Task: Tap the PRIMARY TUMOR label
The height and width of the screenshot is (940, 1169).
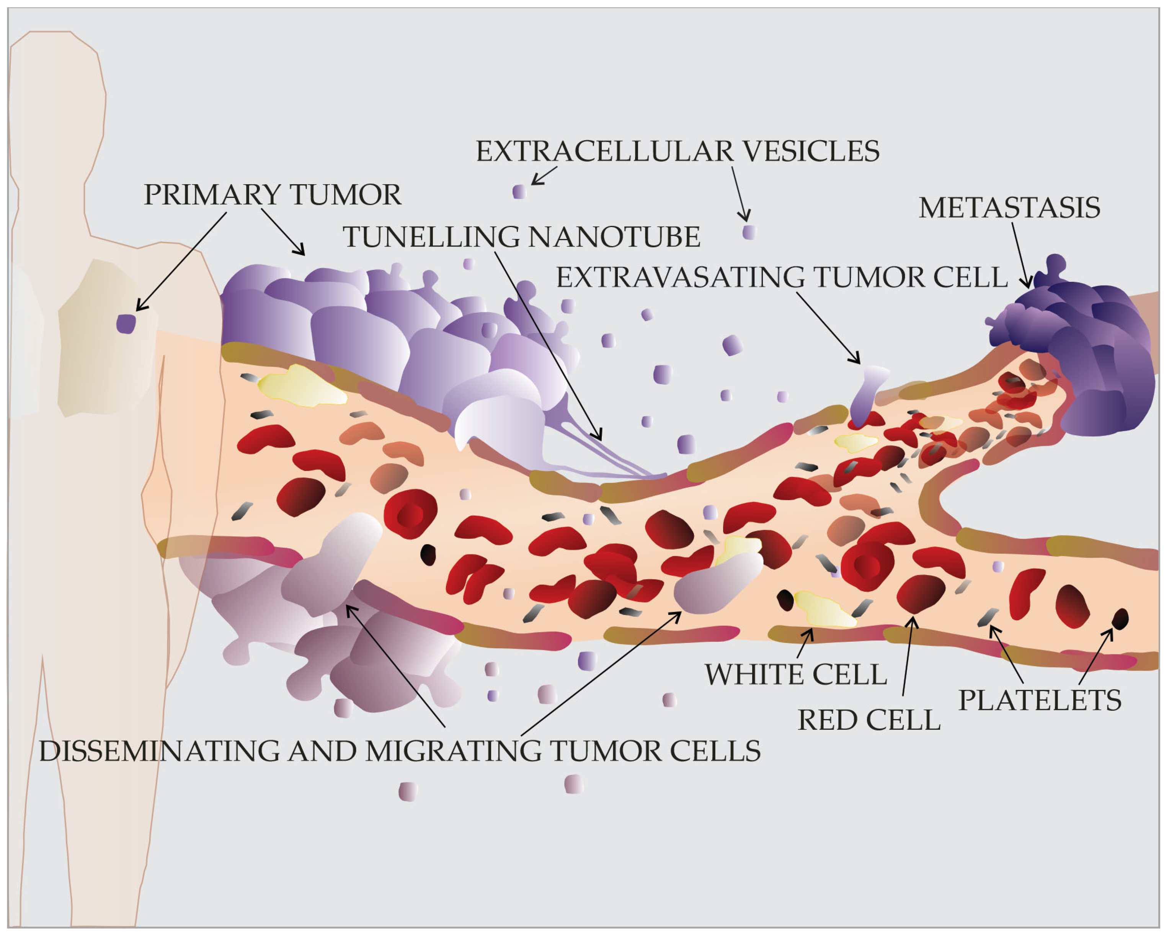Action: [272, 195]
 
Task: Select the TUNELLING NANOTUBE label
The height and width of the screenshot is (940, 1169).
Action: [521, 237]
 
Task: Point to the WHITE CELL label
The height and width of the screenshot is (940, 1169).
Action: [795, 675]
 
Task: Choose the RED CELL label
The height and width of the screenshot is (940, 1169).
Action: [869, 720]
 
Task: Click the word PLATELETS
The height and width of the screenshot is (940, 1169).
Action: [1039, 700]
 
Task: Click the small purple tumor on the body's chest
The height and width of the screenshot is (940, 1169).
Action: [126, 324]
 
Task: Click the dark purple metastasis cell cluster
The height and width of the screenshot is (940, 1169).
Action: [1079, 358]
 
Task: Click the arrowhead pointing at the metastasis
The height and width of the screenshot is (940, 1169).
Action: [1026, 284]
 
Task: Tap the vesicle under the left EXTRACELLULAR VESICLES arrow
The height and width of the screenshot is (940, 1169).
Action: [519, 191]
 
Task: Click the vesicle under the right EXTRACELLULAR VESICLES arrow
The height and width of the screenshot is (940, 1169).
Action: [749, 232]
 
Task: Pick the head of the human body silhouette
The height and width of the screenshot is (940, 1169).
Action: [57, 103]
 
